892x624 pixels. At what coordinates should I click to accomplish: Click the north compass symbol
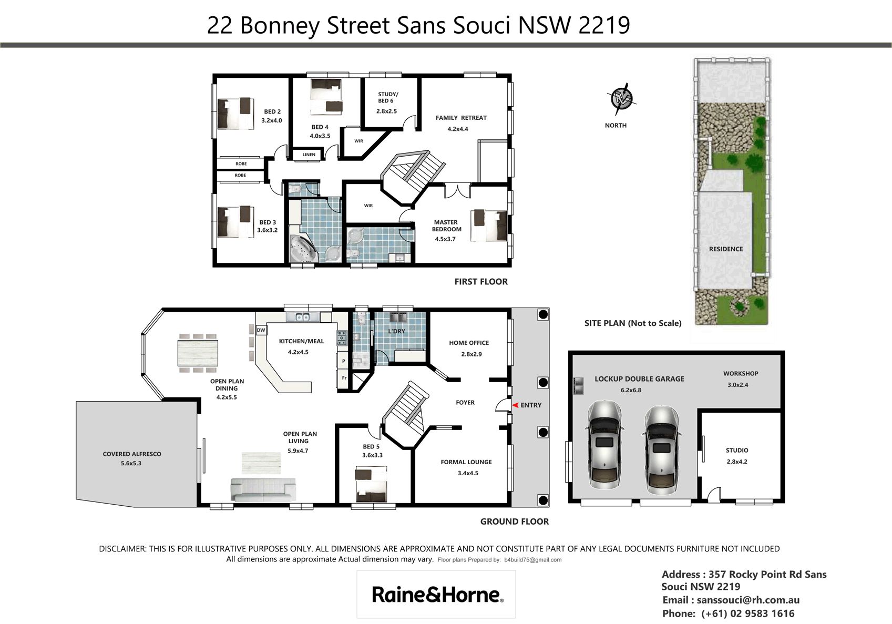622,98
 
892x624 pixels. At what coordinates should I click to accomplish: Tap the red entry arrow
515,405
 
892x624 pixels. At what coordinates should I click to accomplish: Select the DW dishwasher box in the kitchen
261,330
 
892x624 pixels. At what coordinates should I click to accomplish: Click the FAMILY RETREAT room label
461,118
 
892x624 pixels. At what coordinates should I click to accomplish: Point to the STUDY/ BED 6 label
387,98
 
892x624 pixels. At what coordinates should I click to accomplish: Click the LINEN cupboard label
309,155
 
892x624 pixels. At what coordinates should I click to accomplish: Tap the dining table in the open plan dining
198,353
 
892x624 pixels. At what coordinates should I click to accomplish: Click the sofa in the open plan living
263,489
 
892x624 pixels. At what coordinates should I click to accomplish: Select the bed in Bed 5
371,485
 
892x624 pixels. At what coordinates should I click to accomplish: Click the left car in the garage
604,450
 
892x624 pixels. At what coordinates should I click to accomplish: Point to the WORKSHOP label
740,374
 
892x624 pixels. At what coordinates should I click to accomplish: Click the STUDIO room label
737,451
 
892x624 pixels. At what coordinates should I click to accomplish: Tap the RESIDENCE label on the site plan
725,249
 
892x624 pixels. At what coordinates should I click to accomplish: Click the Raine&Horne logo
437,595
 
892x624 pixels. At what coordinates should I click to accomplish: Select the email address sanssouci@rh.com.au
748,600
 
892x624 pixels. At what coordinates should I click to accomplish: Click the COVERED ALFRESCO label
132,454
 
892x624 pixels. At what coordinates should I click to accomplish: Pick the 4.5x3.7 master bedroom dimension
445,239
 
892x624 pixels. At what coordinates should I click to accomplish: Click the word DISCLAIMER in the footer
122,549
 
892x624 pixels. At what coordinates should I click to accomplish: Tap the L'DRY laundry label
396,331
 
